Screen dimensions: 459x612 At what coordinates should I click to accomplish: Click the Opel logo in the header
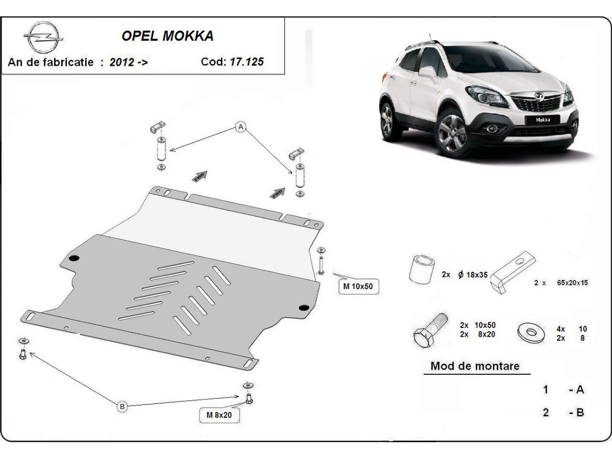[43, 37]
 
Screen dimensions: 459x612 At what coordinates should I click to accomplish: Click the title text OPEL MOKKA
[167, 36]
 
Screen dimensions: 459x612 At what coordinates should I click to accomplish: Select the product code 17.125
[246, 62]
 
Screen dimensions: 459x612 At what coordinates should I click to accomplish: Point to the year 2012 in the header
[122, 62]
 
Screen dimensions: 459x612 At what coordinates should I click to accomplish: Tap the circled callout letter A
[241, 127]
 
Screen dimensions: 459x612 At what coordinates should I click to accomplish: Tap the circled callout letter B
[122, 406]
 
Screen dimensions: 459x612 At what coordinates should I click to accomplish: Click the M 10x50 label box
[358, 286]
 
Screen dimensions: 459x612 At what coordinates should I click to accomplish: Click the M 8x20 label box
[219, 415]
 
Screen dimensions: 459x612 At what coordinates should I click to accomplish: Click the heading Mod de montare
[475, 366]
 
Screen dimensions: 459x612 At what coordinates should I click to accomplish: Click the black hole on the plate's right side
[304, 307]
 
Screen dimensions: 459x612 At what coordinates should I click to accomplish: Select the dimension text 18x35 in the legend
[475, 274]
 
